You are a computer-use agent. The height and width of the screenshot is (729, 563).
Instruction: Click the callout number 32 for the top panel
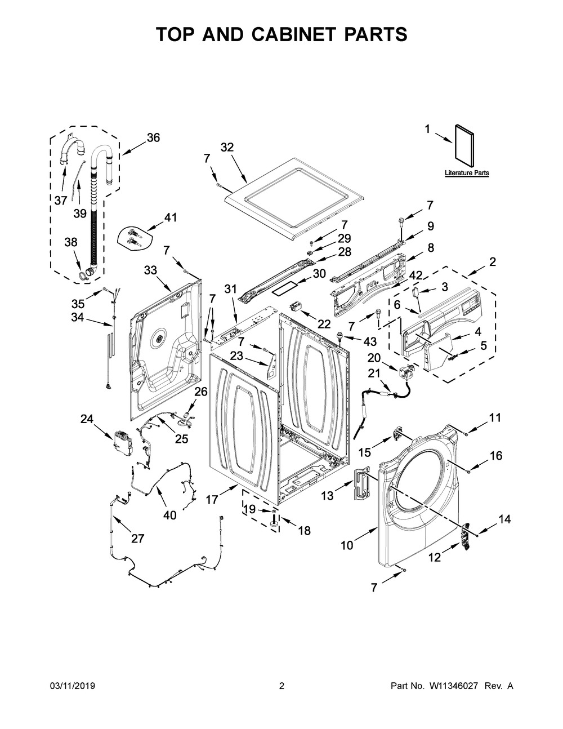tap(227, 148)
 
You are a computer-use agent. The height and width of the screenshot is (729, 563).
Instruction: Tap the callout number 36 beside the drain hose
tap(153, 137)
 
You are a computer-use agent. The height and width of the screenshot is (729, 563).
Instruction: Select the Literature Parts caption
tap(467, 173)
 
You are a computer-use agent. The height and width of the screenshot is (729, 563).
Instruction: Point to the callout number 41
tap(170, 217)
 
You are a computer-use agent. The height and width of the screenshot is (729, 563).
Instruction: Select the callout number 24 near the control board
tap(87, 419)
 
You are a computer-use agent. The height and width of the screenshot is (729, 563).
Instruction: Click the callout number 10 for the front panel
tap(347, 546)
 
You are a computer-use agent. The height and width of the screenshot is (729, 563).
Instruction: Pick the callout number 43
tap(370, 341)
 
